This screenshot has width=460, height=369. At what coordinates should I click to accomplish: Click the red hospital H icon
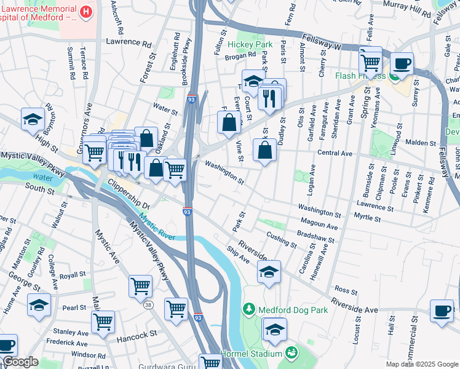point(86,12)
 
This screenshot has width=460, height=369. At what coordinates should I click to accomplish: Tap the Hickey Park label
point(250,45)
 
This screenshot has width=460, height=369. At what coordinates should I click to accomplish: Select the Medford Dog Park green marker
point(249,308)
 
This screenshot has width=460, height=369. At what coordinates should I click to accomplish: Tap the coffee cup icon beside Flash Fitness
point(402,63)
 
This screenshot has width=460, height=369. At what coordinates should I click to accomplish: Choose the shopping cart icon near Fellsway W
point(370,60)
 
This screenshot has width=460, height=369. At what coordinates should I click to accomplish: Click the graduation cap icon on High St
point(33,120)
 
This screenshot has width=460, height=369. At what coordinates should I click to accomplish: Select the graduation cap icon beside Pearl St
point(39,305)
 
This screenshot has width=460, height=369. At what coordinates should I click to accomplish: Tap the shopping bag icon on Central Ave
point(264,149)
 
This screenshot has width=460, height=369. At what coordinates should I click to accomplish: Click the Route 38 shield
point(148,304)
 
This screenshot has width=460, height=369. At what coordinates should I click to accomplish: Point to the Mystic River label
point(156,226)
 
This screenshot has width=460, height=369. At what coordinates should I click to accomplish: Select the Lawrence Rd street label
point(129,44)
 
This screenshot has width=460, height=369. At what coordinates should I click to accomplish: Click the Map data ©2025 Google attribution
point(421,364)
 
